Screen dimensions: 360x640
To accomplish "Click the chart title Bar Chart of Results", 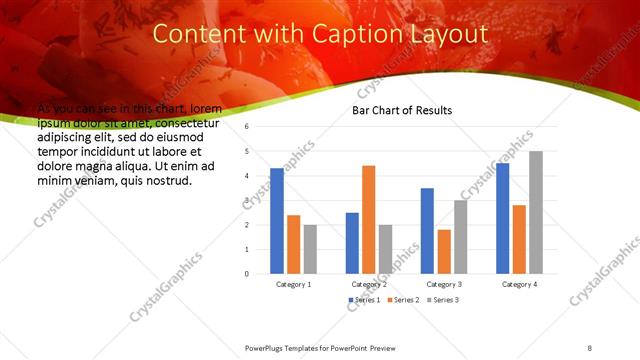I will point(401,110).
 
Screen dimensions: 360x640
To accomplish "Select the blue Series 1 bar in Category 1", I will point(277,220).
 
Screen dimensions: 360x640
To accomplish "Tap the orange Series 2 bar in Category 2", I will point(368,219).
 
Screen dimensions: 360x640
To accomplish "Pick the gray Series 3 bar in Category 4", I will point(536,212).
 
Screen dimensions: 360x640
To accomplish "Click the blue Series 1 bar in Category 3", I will point(427,231).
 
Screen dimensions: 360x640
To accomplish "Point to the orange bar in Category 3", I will point(444,251).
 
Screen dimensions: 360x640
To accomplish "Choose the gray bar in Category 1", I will point(310,249).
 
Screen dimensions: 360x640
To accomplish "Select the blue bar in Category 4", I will point(502,218).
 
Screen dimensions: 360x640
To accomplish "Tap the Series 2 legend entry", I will point(403,300).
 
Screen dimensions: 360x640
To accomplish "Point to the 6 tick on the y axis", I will point(246,127).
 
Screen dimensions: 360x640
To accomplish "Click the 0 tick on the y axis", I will point(246,273).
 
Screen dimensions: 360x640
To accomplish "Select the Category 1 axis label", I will point(293,284).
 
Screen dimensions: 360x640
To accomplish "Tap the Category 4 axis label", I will point(519,284).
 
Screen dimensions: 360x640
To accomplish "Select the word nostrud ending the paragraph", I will point(168,181).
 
